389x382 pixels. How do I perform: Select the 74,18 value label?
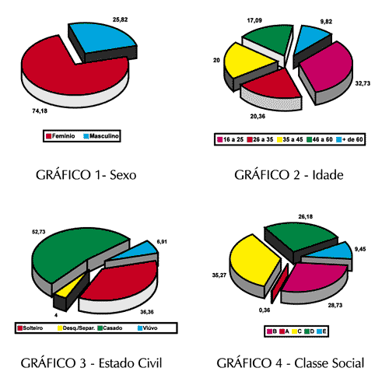click(40, 111)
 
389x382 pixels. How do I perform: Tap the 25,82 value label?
click(120, 19)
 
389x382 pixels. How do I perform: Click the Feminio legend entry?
click(61, 136)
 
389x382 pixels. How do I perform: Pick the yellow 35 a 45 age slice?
click(247, 61)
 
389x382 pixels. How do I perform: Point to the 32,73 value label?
click(363, 83)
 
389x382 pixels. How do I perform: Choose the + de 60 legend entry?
click(349, 139)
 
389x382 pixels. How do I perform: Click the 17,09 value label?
click(254, 20)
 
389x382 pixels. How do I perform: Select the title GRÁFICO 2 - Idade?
click(289, 175)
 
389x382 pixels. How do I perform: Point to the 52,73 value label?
click(39, 232)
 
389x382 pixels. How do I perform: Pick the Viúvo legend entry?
click(147, 328)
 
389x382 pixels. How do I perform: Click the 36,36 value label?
click(147, 312)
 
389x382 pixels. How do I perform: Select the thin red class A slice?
click(279, 284)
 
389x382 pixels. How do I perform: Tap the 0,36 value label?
click(265, 310)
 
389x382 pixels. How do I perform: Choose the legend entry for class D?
click(310, 331)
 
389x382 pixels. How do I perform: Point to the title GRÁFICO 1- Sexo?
click(86, 175)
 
